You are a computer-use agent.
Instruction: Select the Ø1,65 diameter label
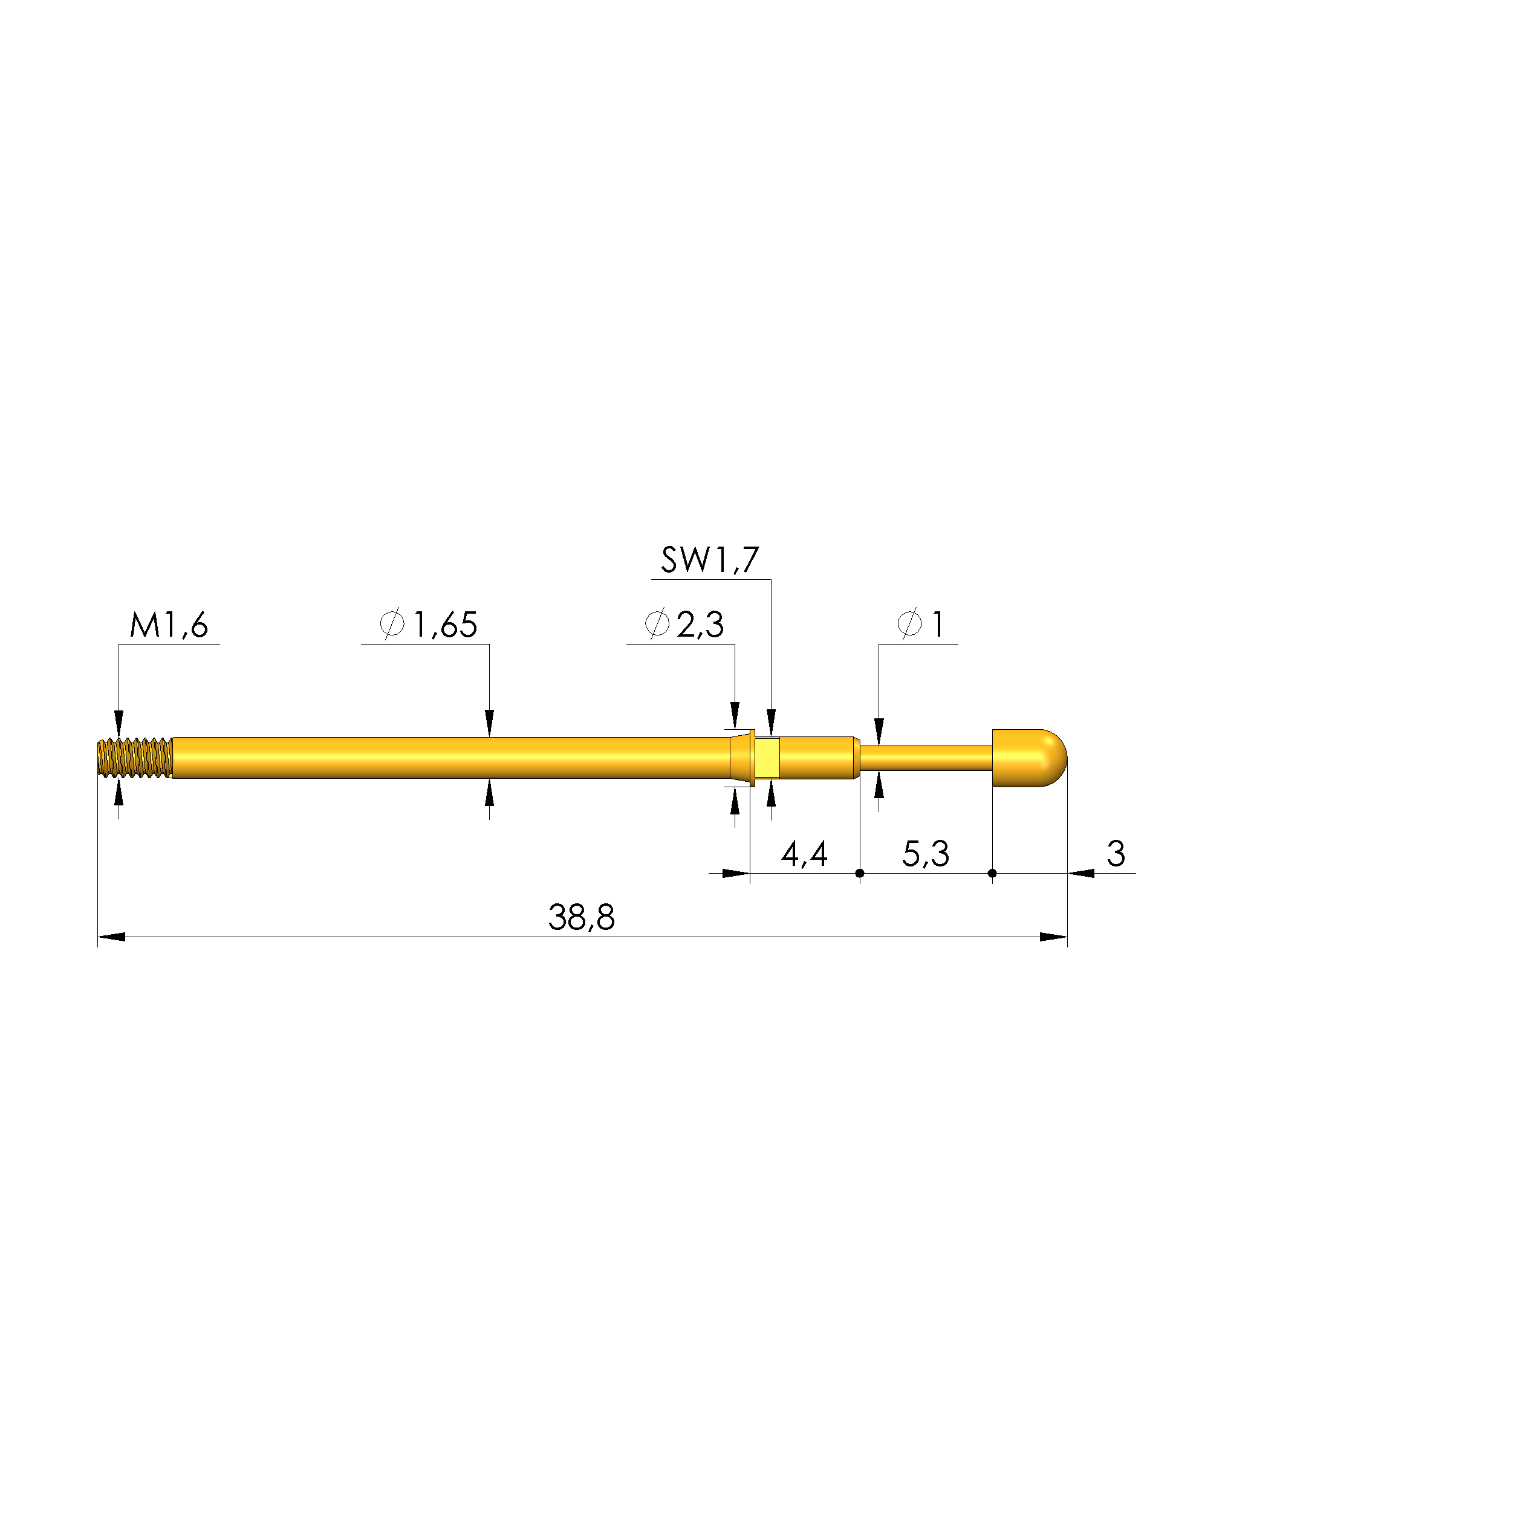coord(429,625)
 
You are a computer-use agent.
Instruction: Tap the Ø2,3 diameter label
coord(684,625)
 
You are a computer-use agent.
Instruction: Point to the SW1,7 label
coord(710,560)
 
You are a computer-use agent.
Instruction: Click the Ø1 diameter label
coord(921,625)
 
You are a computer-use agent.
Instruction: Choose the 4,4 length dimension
coord(805,853)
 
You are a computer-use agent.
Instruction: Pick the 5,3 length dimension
coord(926,853)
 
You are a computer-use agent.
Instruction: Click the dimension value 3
coord(1116,853)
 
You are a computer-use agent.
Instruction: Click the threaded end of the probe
coord(135,758)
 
